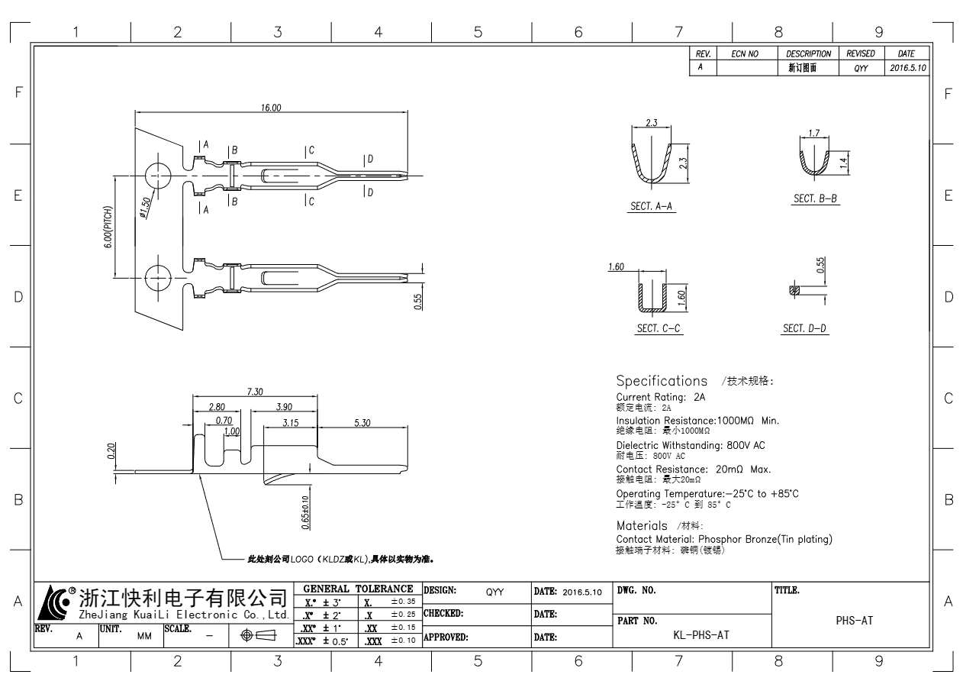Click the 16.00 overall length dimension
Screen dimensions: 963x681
[271, 108]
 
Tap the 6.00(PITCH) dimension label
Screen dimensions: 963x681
[108, 227]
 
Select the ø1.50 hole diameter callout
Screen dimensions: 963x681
[146, 208]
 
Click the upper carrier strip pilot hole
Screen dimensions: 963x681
[158, 176]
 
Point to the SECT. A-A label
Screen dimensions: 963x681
[651, 206]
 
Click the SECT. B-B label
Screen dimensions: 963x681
[815, 198]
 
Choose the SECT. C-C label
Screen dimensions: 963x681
[659, 329]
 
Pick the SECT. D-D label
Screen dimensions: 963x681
[804, 329]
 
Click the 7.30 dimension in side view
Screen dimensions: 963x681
[255, 392]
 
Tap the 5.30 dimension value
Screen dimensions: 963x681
[362, 423]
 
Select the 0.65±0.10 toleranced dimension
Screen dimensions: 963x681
[305, 512]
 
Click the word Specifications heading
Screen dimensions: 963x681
[662, 381]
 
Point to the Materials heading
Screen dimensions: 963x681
[642, 526]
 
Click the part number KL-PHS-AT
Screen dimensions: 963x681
[701, 635]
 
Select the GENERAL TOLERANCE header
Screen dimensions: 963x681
[358, 589]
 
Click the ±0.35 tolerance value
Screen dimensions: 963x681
[403, 602]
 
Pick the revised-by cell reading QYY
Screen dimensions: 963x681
[861, 69]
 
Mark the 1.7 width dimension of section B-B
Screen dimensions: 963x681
[814, 133]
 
